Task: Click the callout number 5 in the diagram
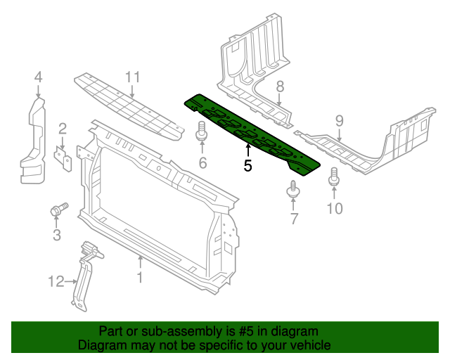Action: [247, 166]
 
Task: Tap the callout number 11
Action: [133, 77]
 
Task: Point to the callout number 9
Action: [340, 121]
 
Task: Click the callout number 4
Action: [38, 77]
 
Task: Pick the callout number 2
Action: [62, 128]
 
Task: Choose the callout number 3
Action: [57, 234]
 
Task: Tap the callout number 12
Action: [56, 282]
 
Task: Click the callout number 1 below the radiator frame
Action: [139, 278]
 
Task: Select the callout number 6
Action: [202, 165]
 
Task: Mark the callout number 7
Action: [295, 219]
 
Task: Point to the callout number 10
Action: [335, 208]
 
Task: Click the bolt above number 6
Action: [202, 132]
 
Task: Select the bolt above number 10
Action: [334, 176]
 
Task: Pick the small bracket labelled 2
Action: [65, 158]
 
